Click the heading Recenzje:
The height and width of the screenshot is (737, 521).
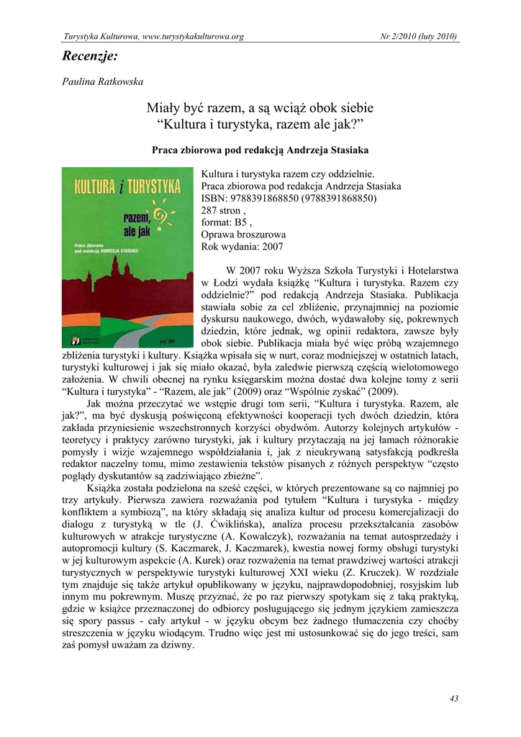(x=90, y=55)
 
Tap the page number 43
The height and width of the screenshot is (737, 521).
(x=453, y=698)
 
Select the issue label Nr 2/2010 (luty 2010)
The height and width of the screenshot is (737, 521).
(x=420, y=36)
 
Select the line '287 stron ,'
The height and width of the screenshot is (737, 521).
(x=224, y=210)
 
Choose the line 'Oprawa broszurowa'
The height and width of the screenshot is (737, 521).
(x=243, y=235)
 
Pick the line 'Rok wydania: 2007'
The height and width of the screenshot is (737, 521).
(x=243, y=247)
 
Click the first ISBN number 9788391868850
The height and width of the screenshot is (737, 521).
(x=260, y=198)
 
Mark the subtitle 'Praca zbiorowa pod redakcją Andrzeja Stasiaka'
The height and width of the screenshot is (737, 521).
(x=260, y=150)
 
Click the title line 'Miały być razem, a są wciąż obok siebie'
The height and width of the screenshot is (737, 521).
(x=260, y=108)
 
